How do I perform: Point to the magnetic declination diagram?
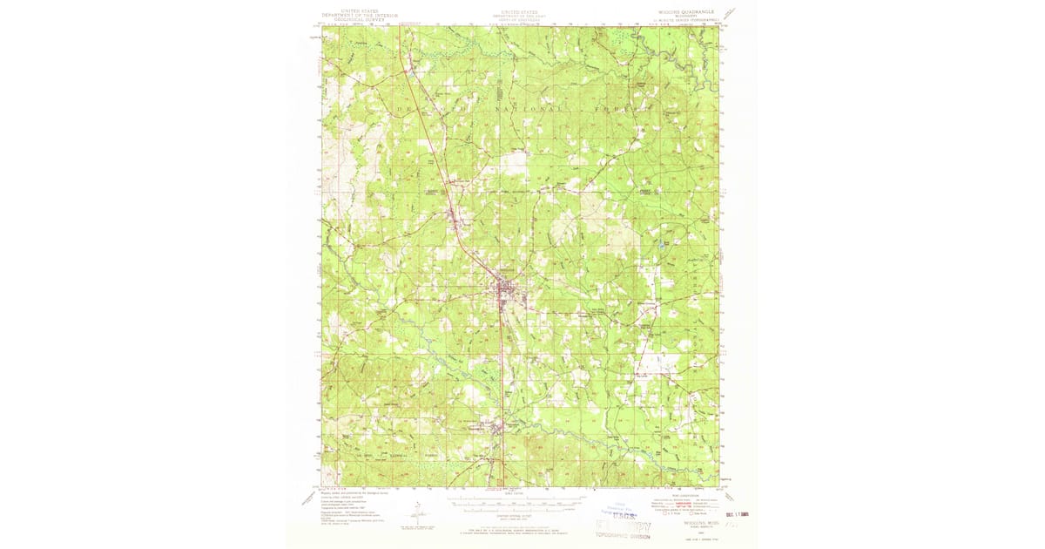click(x=417, y=516)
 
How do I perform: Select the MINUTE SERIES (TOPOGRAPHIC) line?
click(x=685, y=24)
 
